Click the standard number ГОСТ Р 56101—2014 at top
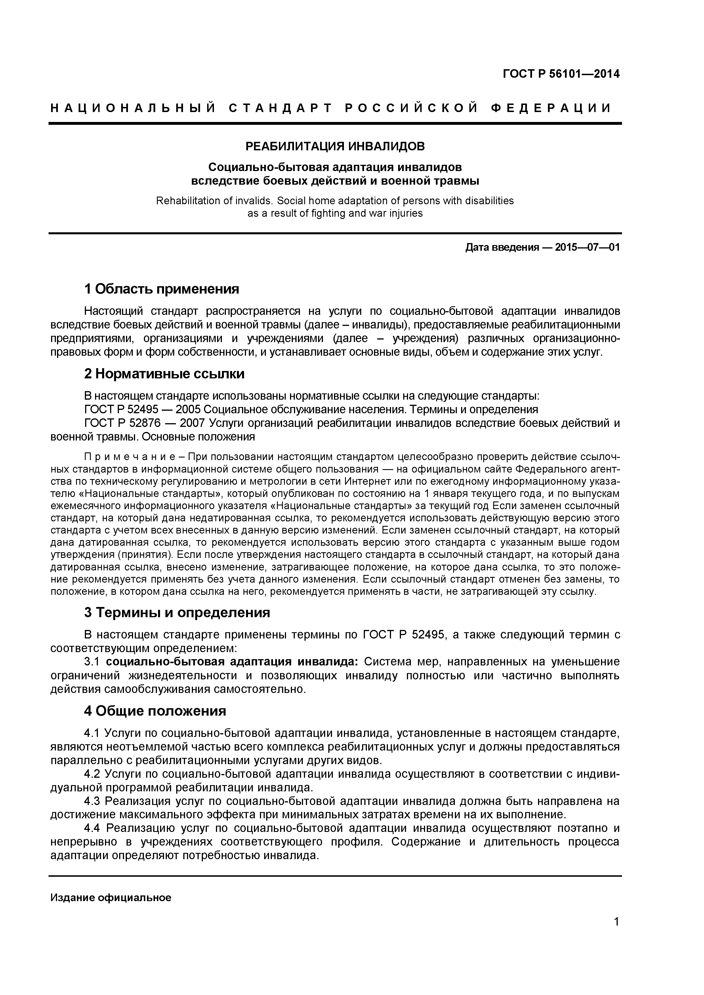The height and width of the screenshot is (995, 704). pos(561,74)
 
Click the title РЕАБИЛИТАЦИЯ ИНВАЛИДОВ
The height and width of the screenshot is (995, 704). pos(335,146)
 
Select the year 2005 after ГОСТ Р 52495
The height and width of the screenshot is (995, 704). pos(187,410)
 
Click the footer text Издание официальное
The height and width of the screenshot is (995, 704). pos(111,897)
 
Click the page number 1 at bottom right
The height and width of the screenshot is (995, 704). pos(616,933)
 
